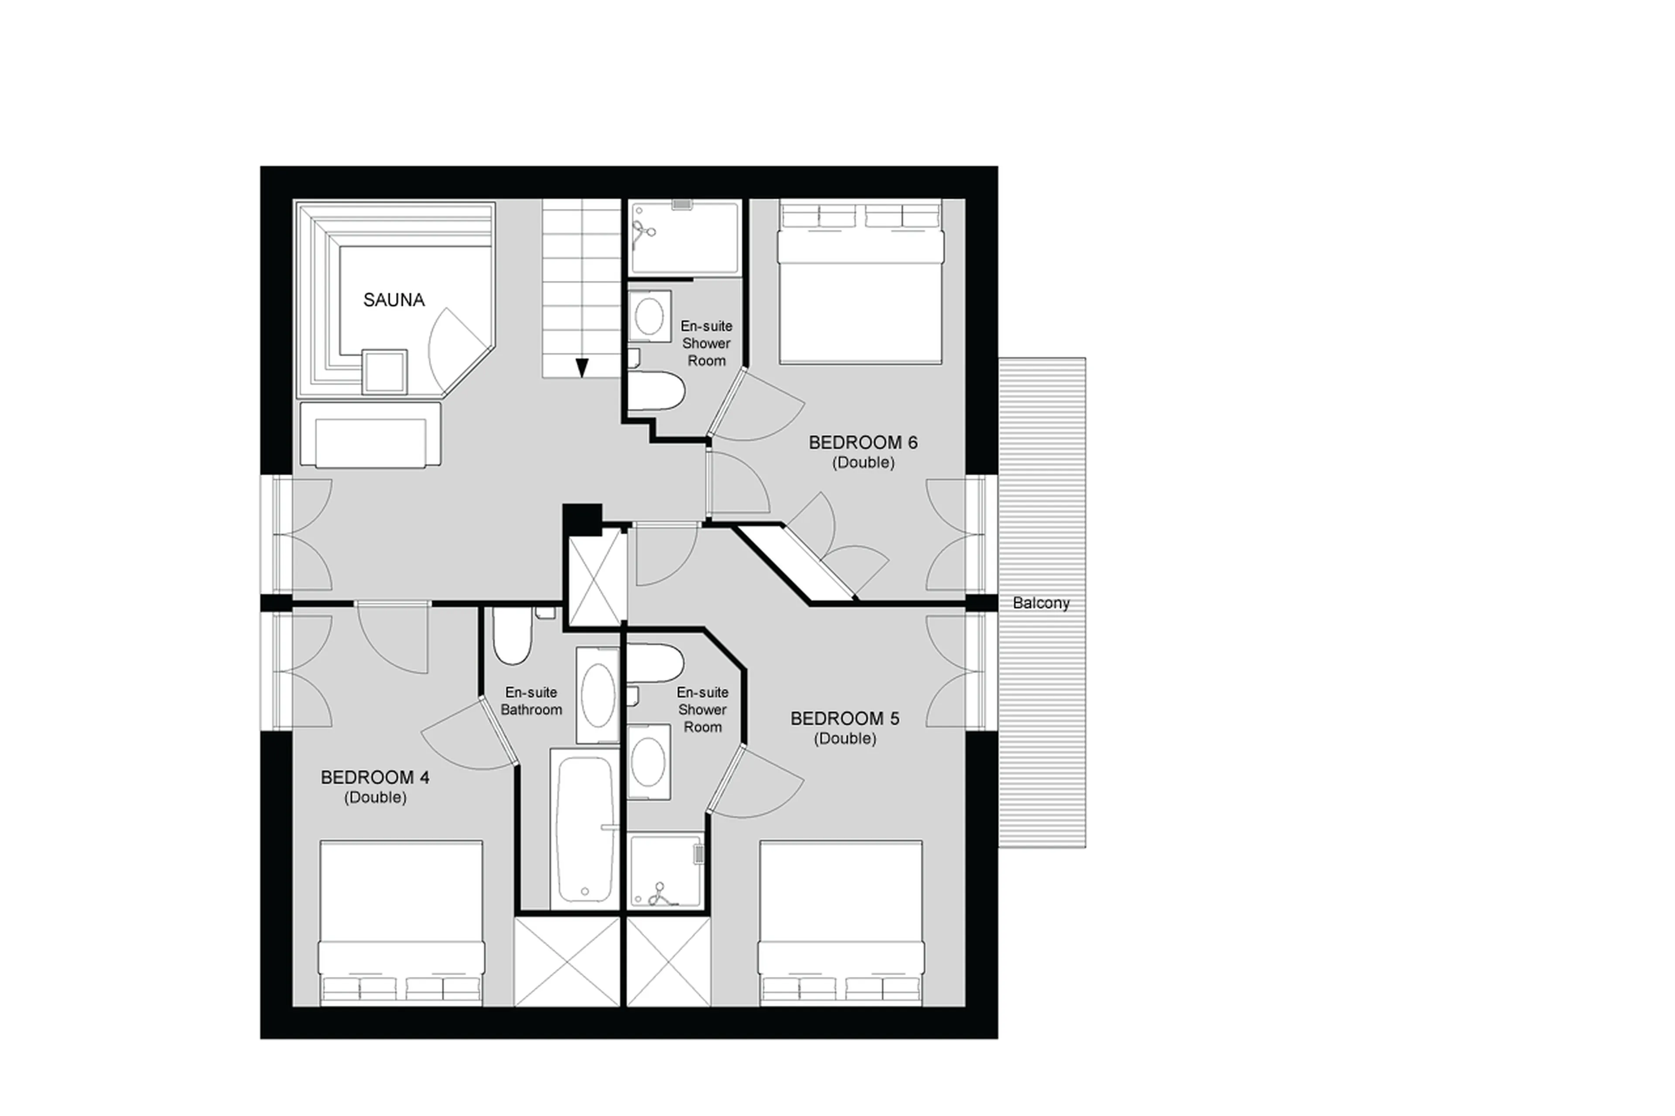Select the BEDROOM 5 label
click(x=844, y=718)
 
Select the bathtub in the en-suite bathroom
click(x=585, y=829)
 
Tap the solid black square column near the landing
click(x=581, y=519)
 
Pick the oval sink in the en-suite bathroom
click(x=597, y=695)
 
